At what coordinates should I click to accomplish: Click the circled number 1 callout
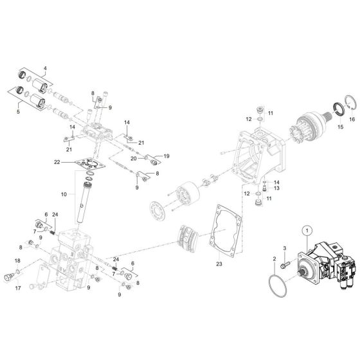click(x=307, y=231)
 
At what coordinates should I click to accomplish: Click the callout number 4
click(x=45, y=68)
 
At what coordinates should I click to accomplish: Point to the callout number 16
click(x=351, y=119)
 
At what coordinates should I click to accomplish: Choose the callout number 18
click(x=17, y=260)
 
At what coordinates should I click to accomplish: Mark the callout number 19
click(x=166, y=156)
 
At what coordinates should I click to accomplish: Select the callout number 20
click(x=133, y=157)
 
